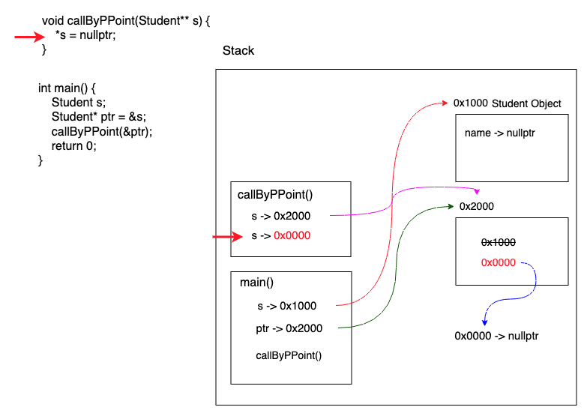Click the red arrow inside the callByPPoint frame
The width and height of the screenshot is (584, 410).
pos(228,238)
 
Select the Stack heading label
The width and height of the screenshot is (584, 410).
pos(238,51)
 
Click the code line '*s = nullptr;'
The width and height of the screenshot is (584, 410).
pos(85,35)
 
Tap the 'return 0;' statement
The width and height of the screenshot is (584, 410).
pos(74,146)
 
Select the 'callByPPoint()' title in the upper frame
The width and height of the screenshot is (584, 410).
pos(275,195)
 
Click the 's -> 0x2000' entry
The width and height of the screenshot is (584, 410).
pos(280,216)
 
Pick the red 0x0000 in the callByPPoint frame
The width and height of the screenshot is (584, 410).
pos(292,235)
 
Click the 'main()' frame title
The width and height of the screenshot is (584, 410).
pos(257,283)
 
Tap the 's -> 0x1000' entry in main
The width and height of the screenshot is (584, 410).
pos(286,306)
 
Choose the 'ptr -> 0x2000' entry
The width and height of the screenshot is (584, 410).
pos(289,328)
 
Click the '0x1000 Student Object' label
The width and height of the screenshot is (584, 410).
pos(507,103)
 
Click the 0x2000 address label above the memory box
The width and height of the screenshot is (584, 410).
pos(476,206)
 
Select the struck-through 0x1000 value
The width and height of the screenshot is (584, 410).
pos(498,242)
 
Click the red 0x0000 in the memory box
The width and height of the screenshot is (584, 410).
pos(498,262)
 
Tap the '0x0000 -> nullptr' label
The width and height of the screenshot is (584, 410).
pos(496,336)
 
